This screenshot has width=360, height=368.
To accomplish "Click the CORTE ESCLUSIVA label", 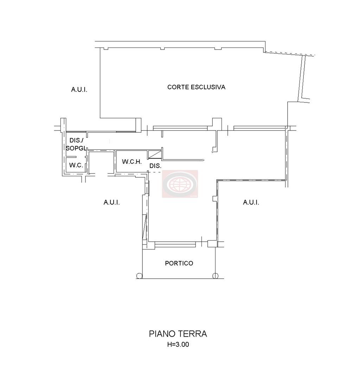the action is tap(196, 87).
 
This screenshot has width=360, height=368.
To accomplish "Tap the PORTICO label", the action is tap(179, 263).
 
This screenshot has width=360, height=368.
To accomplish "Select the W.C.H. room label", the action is tap(132, 162).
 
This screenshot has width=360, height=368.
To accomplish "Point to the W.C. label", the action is tap(76, 165).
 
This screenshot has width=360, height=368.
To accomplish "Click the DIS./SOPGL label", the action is tap(76, 144).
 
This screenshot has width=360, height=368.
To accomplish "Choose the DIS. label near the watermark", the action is tap(155, 166).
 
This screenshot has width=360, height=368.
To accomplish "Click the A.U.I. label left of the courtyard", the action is tap(79, 90).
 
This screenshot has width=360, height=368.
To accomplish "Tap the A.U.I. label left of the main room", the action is tap(112, 202).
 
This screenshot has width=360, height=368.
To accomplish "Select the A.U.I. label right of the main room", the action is tap(251, 202).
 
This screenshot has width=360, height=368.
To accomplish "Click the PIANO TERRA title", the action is tap(178, 334).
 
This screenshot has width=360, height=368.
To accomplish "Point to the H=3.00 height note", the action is tap(178, 344).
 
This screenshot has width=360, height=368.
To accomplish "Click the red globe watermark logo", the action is tap(180, 184).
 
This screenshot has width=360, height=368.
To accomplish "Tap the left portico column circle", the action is tap(139, 276).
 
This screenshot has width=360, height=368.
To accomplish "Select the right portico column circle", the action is tap(216, 276).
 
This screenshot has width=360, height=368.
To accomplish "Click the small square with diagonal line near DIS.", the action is tap(155, 155).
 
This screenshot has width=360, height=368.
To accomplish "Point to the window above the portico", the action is tap(175, 245).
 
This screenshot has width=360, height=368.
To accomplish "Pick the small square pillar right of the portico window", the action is tap(212, 244).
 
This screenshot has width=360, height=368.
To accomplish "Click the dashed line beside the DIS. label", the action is tap(155, 172).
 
